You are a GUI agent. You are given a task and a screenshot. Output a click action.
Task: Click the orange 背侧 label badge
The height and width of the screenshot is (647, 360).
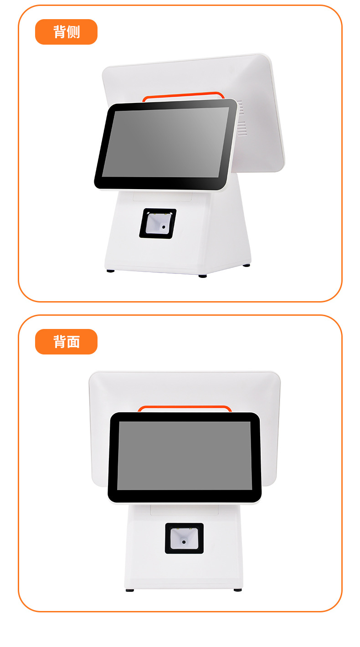66,32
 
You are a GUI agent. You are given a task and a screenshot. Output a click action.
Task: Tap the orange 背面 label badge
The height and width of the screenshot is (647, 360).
66,342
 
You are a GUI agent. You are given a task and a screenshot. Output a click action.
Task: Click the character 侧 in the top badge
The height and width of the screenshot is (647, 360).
73,32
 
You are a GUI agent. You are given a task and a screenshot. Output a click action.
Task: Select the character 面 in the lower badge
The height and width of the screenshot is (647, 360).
73,342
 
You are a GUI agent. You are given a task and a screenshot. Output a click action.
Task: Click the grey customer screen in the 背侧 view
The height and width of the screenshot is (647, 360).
165,143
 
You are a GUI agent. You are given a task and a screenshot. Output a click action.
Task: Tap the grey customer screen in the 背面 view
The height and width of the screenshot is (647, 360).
185,456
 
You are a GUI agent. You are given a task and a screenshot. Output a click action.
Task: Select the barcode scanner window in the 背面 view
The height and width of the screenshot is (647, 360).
185,539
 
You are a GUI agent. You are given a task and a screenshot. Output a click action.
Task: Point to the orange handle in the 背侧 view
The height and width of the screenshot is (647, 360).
184,95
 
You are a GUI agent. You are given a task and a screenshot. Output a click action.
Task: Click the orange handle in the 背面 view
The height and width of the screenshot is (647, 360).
185,407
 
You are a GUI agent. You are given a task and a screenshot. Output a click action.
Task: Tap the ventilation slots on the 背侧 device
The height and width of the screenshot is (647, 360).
241,118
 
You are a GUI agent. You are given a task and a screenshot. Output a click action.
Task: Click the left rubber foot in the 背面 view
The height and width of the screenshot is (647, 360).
130,591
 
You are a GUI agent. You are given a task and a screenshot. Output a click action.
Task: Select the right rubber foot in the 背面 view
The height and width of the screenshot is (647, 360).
238,590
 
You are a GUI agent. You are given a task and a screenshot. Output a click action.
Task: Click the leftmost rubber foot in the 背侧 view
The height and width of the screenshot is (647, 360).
110,271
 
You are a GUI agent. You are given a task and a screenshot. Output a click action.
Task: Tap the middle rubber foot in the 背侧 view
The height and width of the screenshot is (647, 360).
202,276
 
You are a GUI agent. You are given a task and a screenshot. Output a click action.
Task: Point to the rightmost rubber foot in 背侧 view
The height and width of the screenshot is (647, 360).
247,266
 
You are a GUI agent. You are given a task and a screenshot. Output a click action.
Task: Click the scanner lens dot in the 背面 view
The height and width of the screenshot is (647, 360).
184,542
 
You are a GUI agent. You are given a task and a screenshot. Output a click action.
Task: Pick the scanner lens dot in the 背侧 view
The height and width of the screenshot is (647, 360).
164,227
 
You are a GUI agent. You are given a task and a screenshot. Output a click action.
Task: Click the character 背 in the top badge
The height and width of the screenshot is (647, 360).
60,32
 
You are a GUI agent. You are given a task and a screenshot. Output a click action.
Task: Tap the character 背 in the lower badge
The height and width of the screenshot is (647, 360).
60,342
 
